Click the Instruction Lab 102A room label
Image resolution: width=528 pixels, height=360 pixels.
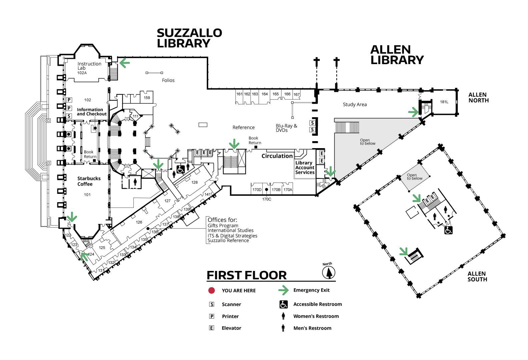[x=89, y=68]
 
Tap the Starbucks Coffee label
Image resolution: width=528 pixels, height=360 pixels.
[x=89, y=181]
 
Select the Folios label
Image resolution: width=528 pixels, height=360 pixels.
[x=168, y=80]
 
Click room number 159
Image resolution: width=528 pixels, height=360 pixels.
[x=147, y=98]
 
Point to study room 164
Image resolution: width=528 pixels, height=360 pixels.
[x=265, y=94]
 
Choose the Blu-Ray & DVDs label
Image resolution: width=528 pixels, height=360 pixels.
[x=287, y=128]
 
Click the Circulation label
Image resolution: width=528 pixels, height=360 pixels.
[x=277, y=156]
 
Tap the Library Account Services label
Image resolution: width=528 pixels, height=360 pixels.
[x=305, y=167]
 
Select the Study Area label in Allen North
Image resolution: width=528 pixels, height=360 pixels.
[x=355, y=104]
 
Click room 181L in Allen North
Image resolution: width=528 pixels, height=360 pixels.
[x=444, y=102]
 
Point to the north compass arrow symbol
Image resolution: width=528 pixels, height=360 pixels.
[x=329, y=273]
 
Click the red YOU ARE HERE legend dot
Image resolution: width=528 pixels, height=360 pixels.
[x=211, y=291]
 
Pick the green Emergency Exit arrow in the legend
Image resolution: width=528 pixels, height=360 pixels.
[x=283, y=290]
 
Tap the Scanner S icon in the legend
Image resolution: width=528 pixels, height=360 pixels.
[x=212, y=304]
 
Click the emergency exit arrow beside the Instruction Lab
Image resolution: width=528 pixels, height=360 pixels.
[x=125, y=63]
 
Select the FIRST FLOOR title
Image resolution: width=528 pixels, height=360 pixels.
[x=246, y=275]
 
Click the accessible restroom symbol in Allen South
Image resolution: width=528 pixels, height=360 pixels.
[x=448, y=230]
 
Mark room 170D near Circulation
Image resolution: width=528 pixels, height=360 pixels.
[x=257, y=190]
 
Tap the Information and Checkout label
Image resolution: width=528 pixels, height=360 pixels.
[x=92, y=112]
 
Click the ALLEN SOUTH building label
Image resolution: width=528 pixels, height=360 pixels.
[x=477, y=276]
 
